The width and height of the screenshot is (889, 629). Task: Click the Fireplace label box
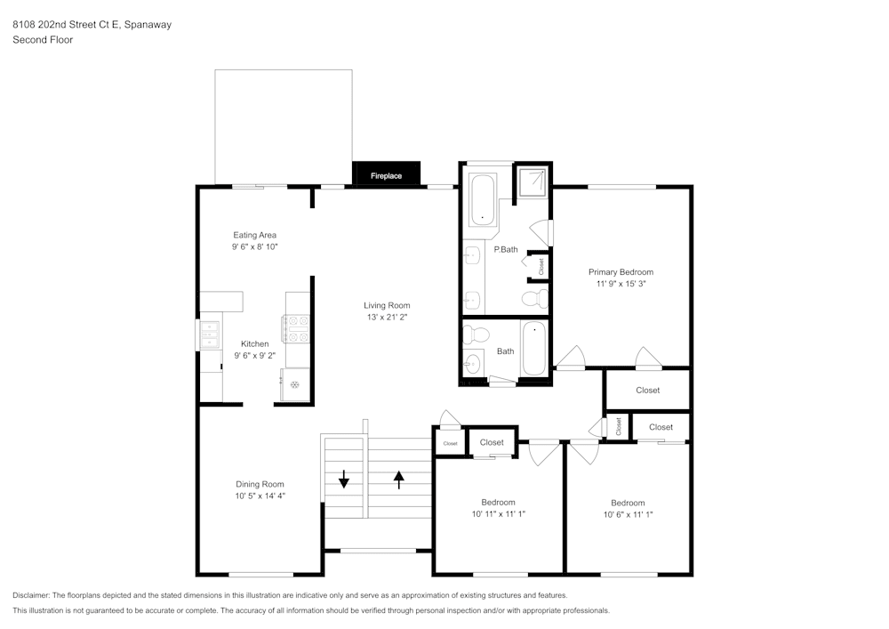[x=386, y=175]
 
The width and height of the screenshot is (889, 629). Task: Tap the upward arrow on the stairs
[x=398, y=480]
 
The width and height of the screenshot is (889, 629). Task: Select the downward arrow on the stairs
[x=344, y=480]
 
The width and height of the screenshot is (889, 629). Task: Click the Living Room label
[x=387, y=305]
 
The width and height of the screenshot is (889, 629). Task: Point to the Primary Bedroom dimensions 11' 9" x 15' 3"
[x=621, y=285]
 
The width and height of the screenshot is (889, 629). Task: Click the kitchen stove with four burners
[x=296, y=329]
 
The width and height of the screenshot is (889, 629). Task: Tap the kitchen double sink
[x=210, y=335]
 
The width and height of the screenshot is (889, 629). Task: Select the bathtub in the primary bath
[x=483, y=200]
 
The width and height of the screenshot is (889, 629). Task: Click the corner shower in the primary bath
[x=533, y=181]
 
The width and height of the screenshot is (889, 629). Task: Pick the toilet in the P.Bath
[x=535, y=297]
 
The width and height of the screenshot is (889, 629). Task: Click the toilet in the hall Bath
[x=477, y=335]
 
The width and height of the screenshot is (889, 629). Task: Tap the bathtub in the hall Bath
[x=533, y=349]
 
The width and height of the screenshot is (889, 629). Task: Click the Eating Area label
[x=255, y=235]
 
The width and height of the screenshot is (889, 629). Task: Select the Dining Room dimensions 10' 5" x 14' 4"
[x=260, y=496]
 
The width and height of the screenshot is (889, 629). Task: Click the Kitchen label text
[x=255, y=343]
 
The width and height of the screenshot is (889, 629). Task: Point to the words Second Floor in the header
[x=43, y=40]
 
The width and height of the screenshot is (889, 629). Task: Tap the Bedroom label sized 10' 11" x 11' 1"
[x=498, y=503]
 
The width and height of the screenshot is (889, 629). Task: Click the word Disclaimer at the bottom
[x=32, y=595]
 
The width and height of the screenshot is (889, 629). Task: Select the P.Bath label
[x=506, y=249]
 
